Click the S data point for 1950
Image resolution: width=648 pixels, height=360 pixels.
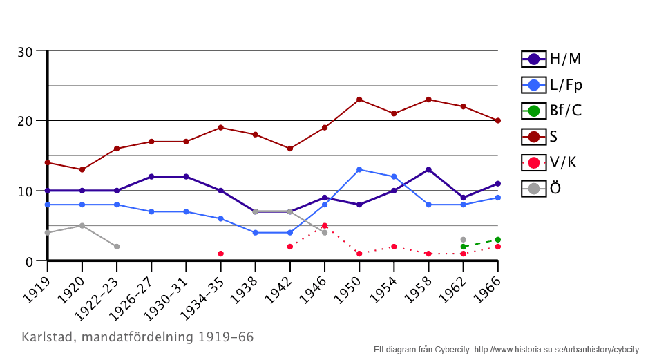coord(359,100)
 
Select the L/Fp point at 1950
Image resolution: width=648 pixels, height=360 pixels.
coord(359,170)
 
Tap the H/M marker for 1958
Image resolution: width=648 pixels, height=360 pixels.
coord(428,170)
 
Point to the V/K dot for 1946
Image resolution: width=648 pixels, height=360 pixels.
coord(325,226)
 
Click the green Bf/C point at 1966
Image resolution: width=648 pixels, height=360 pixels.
coord(497,240)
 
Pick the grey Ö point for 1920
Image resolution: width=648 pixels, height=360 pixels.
coord(82,226)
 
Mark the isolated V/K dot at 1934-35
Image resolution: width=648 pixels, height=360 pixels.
coord(220,254)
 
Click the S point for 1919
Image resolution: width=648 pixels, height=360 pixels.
coord(48,163)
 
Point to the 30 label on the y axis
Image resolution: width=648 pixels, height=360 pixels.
coord(26,52)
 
